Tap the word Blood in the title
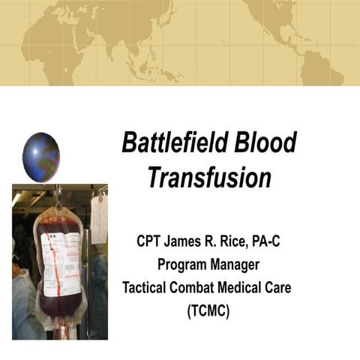pos(262,142)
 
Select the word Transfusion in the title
pos(208,178)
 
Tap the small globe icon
pos(41,157)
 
